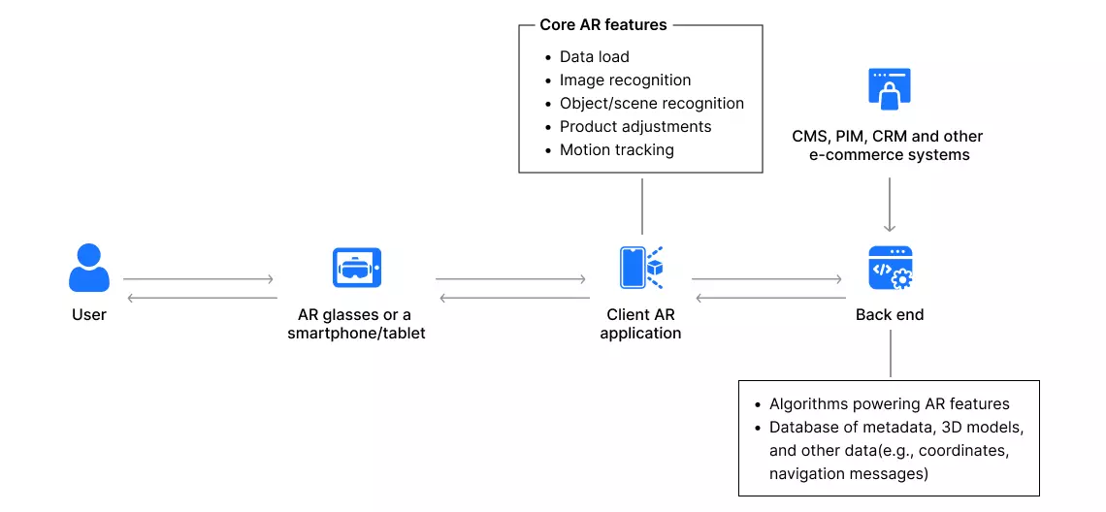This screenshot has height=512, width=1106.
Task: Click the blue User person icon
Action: (89, 268)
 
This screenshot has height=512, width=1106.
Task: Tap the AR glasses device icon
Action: (356, 267)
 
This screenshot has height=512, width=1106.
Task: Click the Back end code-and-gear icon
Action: (890, 268)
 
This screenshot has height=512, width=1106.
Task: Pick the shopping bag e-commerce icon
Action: (889, 89)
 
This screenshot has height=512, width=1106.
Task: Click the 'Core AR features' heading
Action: (603, 25)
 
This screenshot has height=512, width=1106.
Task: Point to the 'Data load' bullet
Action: (594, 57)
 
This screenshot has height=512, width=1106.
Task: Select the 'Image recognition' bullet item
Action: (625, 80)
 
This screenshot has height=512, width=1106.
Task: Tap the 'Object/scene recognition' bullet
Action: (651, 104)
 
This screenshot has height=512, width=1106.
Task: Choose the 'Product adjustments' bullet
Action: (634, 127)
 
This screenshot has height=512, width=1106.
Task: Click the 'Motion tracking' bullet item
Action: (616, 150)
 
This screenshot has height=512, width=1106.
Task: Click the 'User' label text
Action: (89, 315)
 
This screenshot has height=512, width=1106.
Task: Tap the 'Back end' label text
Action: (890, 315)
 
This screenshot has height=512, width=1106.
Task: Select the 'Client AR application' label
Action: (640, 324)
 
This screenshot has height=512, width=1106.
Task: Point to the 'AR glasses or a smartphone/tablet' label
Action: (356, 324)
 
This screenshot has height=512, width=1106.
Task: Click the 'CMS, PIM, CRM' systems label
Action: (888, 145)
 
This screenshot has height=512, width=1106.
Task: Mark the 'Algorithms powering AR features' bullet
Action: (889, 404)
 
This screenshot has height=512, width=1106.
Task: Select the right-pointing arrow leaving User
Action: (199, 280)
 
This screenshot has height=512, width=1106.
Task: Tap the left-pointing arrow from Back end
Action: (766, 298)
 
